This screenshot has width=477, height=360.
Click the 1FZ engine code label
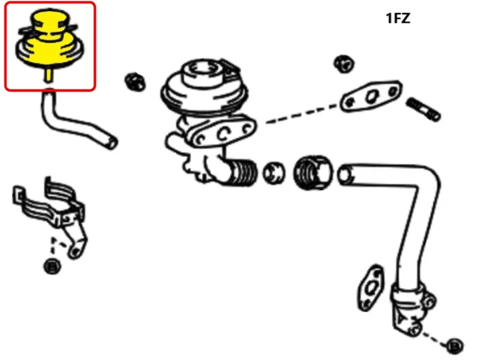click(x=398, y=19)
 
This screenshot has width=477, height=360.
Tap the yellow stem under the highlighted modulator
click(x=49, y=74)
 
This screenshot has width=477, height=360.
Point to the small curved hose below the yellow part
click(x=75, y=122)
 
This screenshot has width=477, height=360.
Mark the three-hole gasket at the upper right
click(x=371, y=95)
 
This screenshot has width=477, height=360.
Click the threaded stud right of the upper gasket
click(x=423, y=109)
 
